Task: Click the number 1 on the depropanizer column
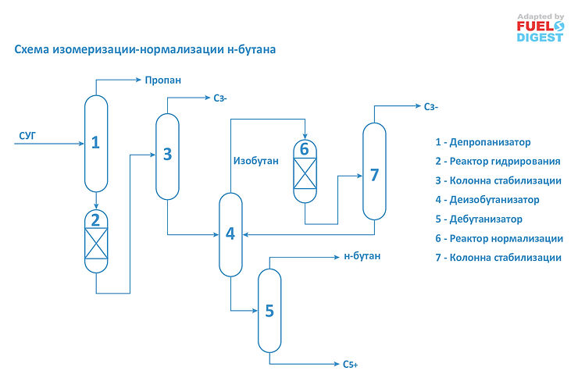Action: click(x=95, y=142)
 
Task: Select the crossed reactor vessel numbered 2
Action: click(x=95, y=242)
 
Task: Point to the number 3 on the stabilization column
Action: click(x=167, y=153)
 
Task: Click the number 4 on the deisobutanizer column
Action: click(x=230, y=233)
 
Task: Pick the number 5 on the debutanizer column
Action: click(x=269, y=310)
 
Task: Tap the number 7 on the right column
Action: click(x=374, y=174)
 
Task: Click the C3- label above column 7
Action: click(x=431, y=107)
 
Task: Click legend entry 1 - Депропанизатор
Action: click(x=483, y=142)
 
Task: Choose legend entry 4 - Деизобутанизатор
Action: click(x=487, y=200)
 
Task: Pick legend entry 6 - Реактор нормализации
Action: click(x=498, y=238)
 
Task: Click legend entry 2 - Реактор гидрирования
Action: click(x=498, y=162)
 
